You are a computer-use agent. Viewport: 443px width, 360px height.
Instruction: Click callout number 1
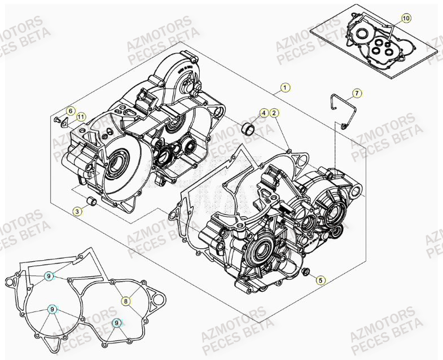pyautogui.click(x=286, y=87)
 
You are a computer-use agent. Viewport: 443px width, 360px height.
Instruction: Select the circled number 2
pyautogui.click(x=274, y=113)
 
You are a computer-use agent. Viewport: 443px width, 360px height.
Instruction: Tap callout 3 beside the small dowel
pyautogui.click(x=78, y=211)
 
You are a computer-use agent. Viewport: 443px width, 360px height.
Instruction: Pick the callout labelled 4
pyautogui.click(x=264, y=113)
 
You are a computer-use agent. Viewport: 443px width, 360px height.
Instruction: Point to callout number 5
pyautogui.click(x=320, y=279)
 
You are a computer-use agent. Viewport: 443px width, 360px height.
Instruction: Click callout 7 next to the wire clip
pyautogui.click(x=357, y=93)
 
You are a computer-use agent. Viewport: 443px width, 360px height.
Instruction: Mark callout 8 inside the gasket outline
pyautogui.click(x=126, y=301)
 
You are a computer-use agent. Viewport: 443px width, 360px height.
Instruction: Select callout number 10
pyautogui.click(x=406, y=19)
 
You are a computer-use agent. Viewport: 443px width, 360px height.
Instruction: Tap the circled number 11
pyautogui.click(x=81, y=117)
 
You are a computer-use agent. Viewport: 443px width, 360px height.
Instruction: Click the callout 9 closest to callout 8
pyautogui.click(x=116, y=323)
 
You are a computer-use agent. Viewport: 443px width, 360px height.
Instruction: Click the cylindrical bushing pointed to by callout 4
pyautogui.click(x=247, y=129)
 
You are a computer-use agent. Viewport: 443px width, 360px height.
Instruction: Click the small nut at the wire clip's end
pyautogui.click(x=344, y=125)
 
